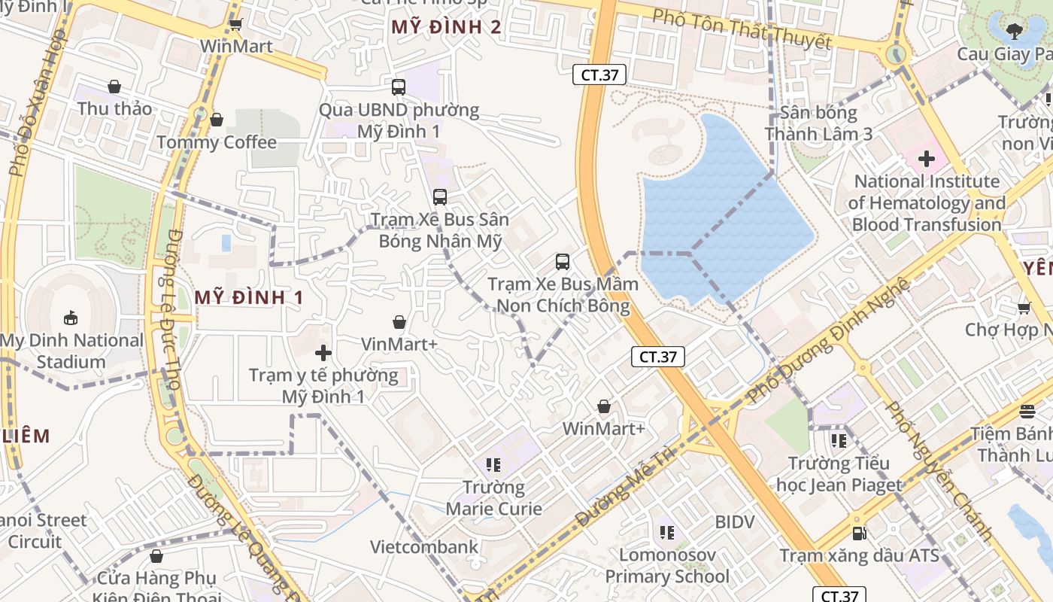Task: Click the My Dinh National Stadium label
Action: (x=71, y=351)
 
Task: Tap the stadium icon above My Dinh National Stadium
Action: (x=71, y=318)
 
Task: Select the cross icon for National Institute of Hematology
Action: (x=926, y=159)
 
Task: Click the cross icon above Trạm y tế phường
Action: (x=323, y=352)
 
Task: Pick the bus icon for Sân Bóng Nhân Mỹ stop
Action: (x=440, y=197)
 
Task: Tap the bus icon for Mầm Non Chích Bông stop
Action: (x=563, y=262)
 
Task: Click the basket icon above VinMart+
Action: (x=399, y=322)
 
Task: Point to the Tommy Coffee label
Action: (x=217, y=141)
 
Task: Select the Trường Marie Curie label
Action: (x=493, y=497)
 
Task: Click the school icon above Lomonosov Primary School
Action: (x=666, y=533)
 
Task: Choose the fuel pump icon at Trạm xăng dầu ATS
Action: (x=860, y=533)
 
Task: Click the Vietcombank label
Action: (x=423, y=546)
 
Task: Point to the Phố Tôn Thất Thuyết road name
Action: (x=741, y=29)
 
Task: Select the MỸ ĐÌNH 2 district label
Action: (x=446, y=27)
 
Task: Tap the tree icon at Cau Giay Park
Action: (x=1014, y=31)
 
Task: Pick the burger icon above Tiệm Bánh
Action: (x=1027, y=411)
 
